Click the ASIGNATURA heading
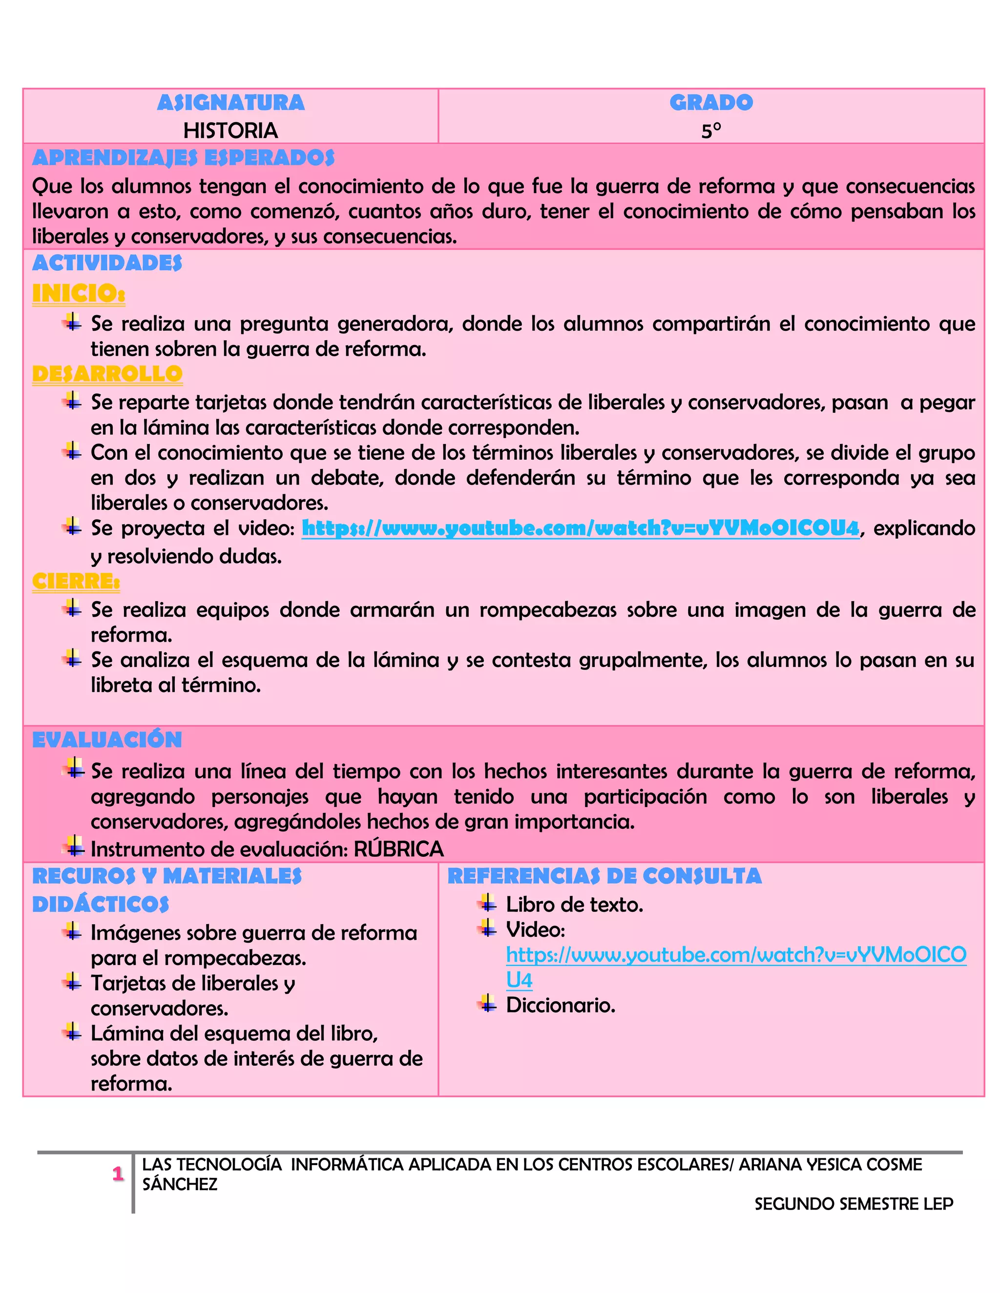(x=230, y=102)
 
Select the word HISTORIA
(x=230, y=130)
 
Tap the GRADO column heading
(x=711, y=102)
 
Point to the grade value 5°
(x=711, y=131)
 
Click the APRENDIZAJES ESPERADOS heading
(x=183, y=158)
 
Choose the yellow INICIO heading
(x=78, y=293)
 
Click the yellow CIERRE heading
(x=76, y=582)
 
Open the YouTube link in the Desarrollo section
(x=580, y=528)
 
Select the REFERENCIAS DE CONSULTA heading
(x=604, y=876)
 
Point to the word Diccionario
(x=561, y=1005)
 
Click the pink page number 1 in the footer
(x=118, y=1173)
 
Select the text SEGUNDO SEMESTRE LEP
(x=854, y=1204)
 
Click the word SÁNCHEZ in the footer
(x=180, y=1184)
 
